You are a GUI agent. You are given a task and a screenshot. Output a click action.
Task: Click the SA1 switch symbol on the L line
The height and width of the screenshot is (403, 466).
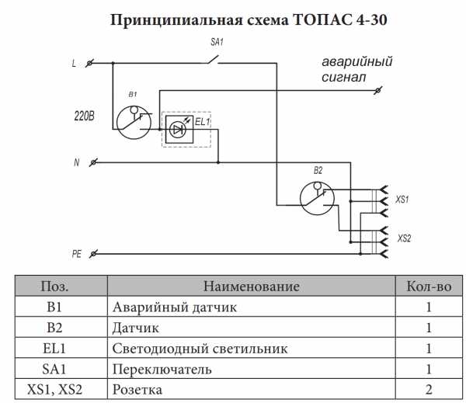coord(214,60)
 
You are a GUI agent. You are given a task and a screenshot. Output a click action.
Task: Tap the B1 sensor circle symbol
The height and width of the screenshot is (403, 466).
coord(134,123)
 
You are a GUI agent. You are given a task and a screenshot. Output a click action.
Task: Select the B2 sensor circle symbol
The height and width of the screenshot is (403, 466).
coord(317,198)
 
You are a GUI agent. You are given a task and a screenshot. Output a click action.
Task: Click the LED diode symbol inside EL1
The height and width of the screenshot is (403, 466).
coord(178,130)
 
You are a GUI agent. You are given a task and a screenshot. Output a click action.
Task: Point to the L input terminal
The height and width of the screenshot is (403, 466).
coord(89,64)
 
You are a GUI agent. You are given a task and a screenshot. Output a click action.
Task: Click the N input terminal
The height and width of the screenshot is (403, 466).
coord(93,162)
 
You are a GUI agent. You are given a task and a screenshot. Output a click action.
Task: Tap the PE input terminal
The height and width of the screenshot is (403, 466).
coord(93,254)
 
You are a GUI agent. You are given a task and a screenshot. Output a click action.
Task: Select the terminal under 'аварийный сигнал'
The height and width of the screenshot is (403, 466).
coord(377,90)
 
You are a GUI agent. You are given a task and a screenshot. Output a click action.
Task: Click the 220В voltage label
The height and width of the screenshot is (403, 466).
coord(84,116)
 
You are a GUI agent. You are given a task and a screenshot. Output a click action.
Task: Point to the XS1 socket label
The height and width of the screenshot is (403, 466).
coord(402,199)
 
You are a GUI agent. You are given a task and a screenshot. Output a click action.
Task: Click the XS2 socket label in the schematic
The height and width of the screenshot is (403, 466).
coord(404,238)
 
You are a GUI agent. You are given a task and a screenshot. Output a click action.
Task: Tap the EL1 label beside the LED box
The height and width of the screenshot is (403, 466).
coord(203,122)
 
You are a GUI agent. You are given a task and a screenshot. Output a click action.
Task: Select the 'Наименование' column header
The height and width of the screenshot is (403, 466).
coord(252,287)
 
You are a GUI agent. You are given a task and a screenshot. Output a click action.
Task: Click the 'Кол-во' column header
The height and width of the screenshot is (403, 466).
coord(429,287)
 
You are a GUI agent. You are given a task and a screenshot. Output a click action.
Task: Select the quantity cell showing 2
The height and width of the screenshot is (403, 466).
coord(429,390)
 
